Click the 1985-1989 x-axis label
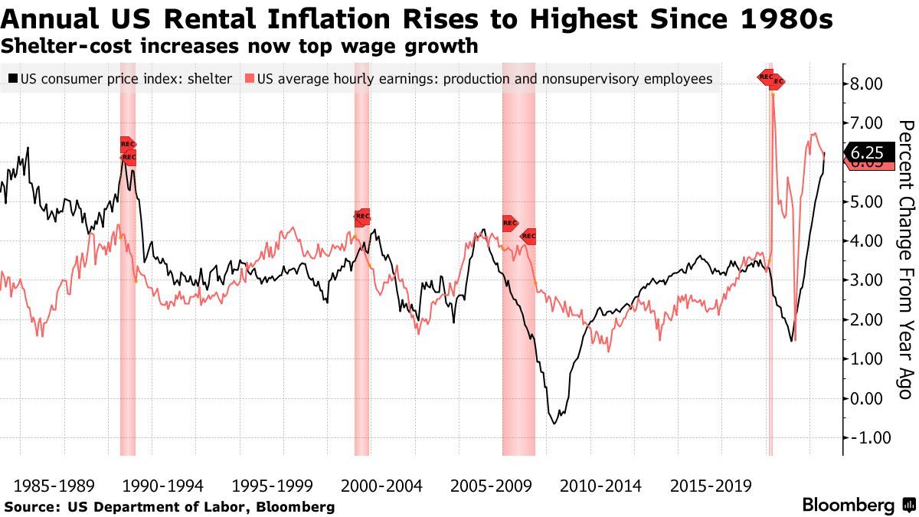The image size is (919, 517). pyautogui.click(x=54, y=486)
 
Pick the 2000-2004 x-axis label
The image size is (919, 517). pyautogui.click(x=381, y=486)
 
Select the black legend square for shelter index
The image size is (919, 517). pyautogui.click(x=13, y=79)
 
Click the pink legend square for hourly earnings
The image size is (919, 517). pyautogui.click(x=249, y=79)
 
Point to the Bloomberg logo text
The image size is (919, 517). pyautogui.click(x=848, y=505)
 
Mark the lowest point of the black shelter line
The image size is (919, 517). pyautogui.click(x=554, y=423)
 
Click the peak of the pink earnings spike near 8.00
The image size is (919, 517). pyautogui.click(x=773, y=93)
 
